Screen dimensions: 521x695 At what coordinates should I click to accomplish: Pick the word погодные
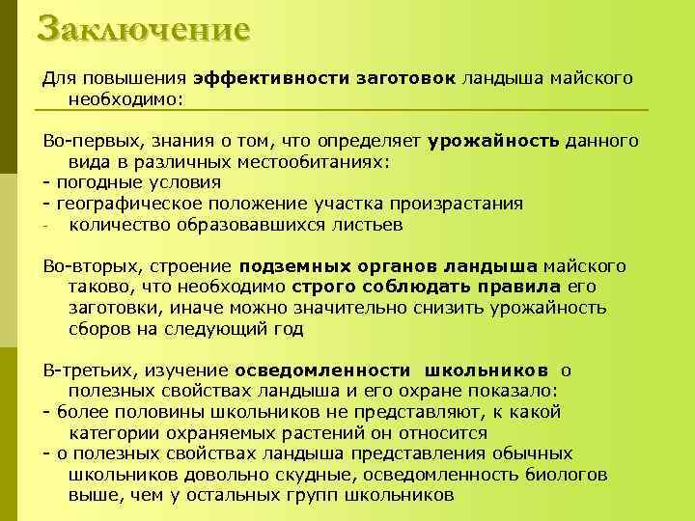click(x=96, y=182)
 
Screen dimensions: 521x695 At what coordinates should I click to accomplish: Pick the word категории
click(x=112, y=433)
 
